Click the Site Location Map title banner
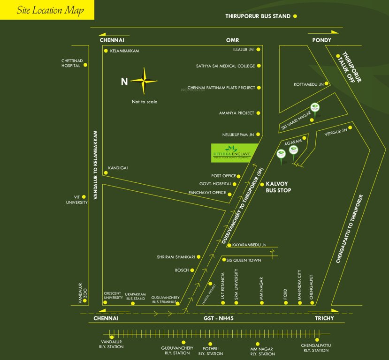coord(47,10)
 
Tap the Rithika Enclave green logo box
coord(231,153)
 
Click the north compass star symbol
coord(144,81)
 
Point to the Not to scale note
coord(145,102)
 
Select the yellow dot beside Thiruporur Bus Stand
coord(295,16)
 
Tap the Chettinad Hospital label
coord(72,63)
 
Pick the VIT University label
coord(77,200)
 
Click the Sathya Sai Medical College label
coord(225,66)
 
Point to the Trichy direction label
coord(324,318)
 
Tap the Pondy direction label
coord(322,40)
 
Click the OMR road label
coord(233,40)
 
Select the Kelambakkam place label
coord(125,51)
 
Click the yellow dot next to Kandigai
coord(106,173)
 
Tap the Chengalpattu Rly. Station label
coord(316,348)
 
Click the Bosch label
coord(182,270)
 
